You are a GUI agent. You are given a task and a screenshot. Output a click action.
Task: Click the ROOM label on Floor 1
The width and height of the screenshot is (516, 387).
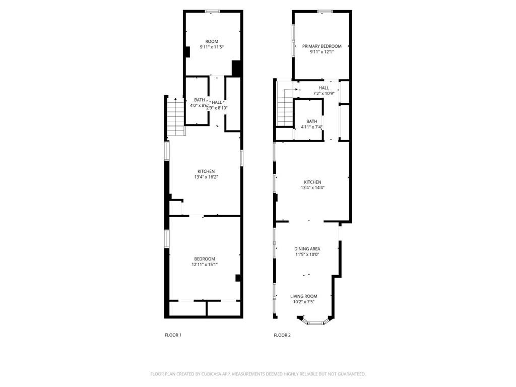212,41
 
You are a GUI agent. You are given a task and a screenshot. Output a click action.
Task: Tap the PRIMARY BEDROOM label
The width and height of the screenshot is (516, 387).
322,46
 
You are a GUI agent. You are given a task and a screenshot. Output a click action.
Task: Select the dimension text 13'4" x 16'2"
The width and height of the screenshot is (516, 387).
206,177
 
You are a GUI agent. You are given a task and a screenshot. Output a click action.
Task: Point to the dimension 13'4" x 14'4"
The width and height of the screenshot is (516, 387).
312,188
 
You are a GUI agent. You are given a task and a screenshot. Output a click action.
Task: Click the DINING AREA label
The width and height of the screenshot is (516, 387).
307,249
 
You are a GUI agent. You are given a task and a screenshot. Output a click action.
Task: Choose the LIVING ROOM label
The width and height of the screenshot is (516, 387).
304,296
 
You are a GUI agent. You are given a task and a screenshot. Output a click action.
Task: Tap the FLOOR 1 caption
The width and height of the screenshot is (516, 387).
173,335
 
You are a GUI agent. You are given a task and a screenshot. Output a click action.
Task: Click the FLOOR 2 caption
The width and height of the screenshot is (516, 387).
282,335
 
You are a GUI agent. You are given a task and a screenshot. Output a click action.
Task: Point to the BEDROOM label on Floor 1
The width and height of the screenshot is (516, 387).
205,259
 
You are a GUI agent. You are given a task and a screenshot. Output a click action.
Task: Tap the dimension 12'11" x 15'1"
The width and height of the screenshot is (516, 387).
205,265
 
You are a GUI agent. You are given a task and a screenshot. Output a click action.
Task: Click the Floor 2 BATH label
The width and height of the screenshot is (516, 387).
311,121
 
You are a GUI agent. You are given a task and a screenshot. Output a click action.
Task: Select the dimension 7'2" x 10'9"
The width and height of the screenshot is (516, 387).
324,93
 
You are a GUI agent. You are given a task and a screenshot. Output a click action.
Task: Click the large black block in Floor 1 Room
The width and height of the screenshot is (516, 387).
237,69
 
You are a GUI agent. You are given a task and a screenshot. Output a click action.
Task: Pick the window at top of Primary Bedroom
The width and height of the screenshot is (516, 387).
325,12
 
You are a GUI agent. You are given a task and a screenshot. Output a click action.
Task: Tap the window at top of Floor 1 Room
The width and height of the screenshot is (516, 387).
212,12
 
